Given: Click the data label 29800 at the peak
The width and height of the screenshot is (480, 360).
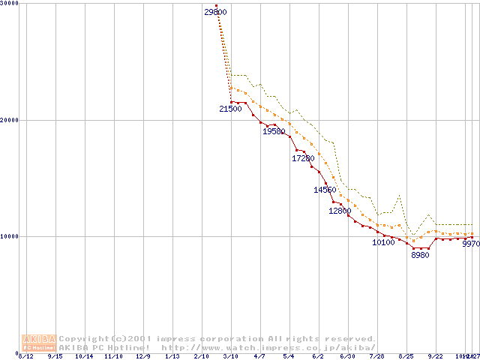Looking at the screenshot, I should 215,12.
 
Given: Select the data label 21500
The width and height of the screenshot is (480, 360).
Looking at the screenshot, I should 230,109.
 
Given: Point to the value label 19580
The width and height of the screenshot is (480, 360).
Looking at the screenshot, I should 274,131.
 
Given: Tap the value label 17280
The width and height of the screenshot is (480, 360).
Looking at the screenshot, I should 303,158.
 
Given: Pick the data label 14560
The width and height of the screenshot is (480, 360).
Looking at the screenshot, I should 325,190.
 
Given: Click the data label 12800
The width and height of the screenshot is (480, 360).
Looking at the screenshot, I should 340,211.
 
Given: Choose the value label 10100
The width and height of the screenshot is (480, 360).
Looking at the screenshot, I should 383,242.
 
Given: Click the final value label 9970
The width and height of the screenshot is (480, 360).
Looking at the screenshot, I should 470,244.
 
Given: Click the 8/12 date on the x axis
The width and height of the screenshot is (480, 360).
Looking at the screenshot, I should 26,356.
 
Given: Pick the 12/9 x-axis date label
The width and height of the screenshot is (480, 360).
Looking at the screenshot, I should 142,356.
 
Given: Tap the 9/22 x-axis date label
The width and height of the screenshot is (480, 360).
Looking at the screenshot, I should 434,356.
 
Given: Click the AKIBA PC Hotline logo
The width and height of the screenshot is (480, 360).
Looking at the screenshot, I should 38,343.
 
